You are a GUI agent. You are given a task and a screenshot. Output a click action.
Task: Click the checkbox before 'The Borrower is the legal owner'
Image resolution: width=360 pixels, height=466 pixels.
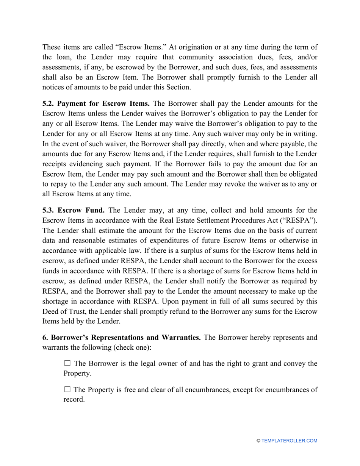[67, 363]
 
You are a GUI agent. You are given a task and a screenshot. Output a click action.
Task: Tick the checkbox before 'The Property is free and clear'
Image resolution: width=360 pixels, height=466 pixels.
[67, 389]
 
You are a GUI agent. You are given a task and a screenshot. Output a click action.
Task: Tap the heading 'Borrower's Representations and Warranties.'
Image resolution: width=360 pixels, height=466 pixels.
[125, 338]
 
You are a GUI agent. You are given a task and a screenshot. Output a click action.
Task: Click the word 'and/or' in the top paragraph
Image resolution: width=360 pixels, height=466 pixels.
[306, 57]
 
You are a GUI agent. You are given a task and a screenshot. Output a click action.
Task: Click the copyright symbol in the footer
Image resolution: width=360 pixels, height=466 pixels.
[258, 441]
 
